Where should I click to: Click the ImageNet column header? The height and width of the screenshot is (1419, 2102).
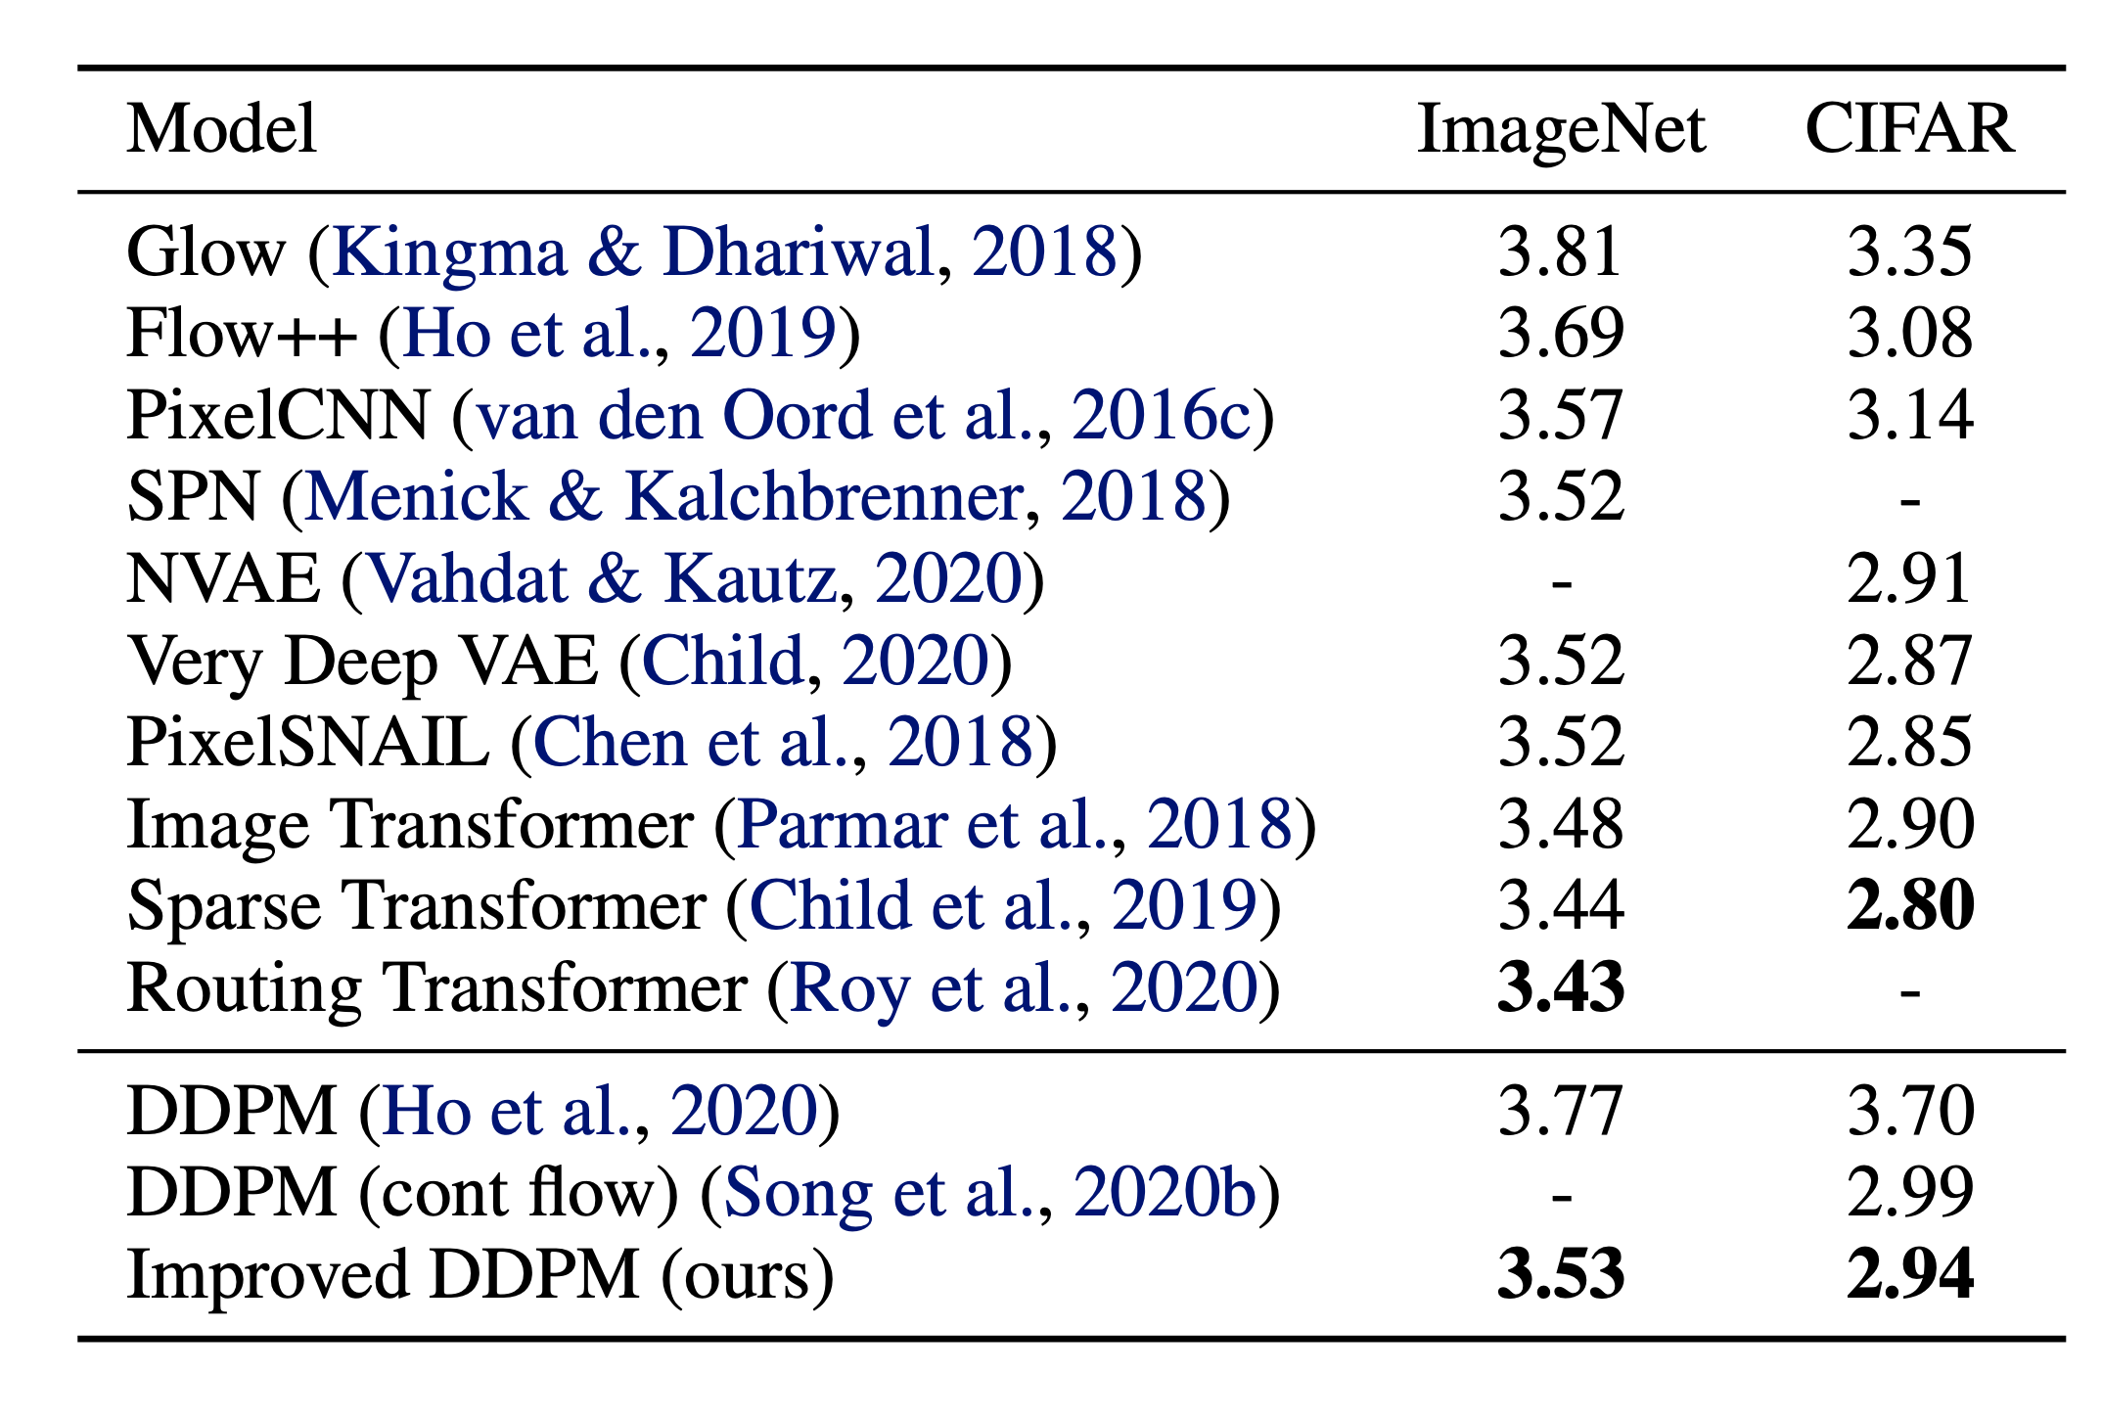1561,129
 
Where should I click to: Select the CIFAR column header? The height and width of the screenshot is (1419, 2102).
1909,129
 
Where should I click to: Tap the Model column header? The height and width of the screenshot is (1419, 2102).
222,129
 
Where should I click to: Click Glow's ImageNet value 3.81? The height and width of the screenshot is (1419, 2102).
1560,252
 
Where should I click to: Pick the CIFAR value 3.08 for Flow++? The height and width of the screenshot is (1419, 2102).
1909,334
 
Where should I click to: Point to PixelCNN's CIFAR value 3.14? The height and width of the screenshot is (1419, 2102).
1909,416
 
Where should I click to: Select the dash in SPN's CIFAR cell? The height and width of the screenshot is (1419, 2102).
1909,503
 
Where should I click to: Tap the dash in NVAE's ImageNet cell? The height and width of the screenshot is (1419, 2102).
1562,585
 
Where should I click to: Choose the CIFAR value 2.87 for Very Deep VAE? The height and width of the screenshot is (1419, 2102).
1909,662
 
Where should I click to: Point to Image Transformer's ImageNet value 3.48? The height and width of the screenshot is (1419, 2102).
1561,825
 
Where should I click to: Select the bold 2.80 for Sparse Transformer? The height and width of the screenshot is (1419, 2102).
1909,906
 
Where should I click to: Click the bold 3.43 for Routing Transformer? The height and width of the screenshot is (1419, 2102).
1561,988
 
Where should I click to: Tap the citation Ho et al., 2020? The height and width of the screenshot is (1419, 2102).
600,1113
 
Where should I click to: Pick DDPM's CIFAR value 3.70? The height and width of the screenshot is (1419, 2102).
1909,1113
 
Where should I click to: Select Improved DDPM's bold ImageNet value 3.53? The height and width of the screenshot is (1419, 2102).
1561,1276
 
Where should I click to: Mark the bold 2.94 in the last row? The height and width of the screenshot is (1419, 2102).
1909,1276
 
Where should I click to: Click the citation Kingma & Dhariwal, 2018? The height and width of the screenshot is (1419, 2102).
725,252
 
